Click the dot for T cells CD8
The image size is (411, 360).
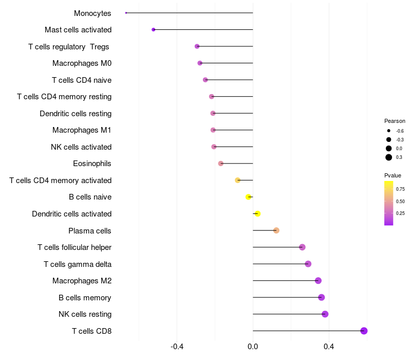click(x=364, y=331)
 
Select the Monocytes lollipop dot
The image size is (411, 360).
click(x=126, y=13)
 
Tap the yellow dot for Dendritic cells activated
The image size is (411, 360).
click(x=257, y=214)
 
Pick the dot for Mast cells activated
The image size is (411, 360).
click(x=153, y=30)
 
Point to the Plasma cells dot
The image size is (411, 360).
click(x=276, y=230)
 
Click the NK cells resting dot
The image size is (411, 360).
click(x=325, y=314)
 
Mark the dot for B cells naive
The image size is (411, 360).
click(x=249, y=197)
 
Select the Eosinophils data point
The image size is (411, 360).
click(x=221, y=164)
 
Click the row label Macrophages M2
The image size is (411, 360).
click(x=82, y=281)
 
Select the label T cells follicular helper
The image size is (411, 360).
click(x=74, y=247)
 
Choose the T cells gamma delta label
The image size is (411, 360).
click(x=78, y=264)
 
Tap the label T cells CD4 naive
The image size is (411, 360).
click(x=82, y=80)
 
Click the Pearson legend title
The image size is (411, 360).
click(x=395, y=121)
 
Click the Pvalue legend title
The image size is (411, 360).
click(x=393, y=175)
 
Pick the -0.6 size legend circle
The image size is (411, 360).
click(x=389, y=131)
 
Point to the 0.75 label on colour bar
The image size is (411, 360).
click(x=400, y=189)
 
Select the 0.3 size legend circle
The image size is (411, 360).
click(x=389, y=157)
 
